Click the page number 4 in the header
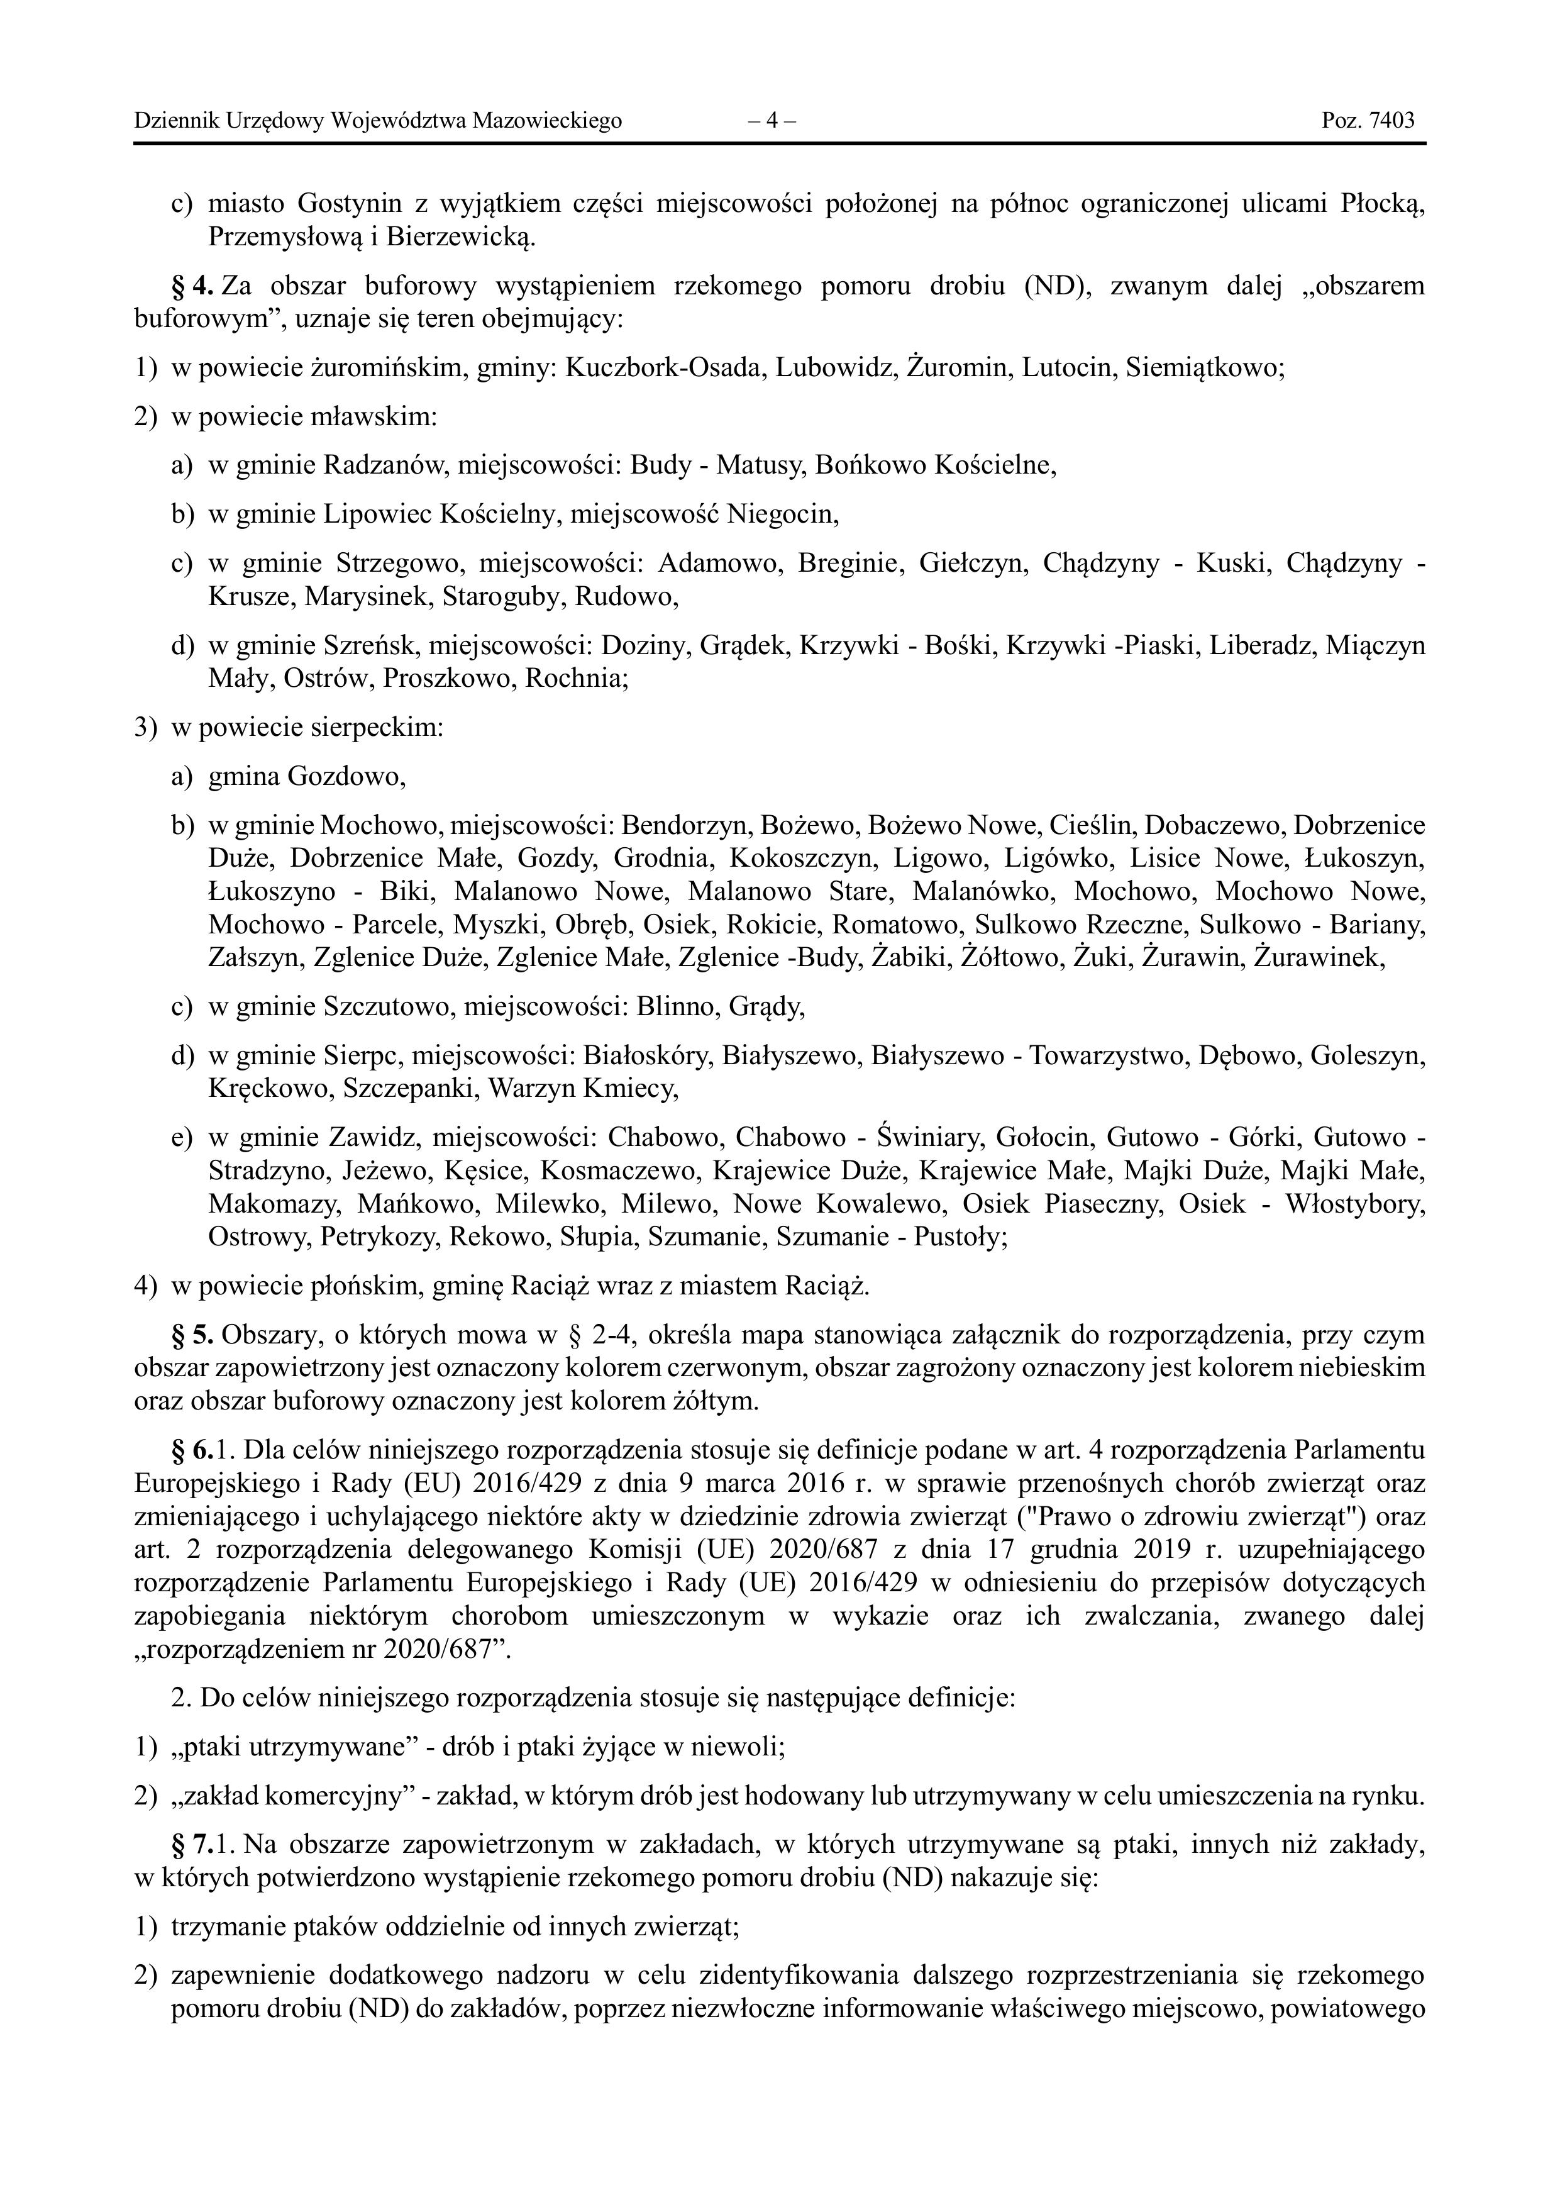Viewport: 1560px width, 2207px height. pyautogui.click(x=772, y=121)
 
